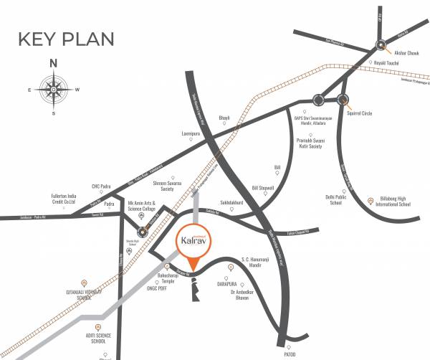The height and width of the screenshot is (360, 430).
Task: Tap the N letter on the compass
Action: [53, 63]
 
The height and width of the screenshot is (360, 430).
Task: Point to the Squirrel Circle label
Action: [361, 113]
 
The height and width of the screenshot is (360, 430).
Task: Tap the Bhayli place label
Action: [224, 117]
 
